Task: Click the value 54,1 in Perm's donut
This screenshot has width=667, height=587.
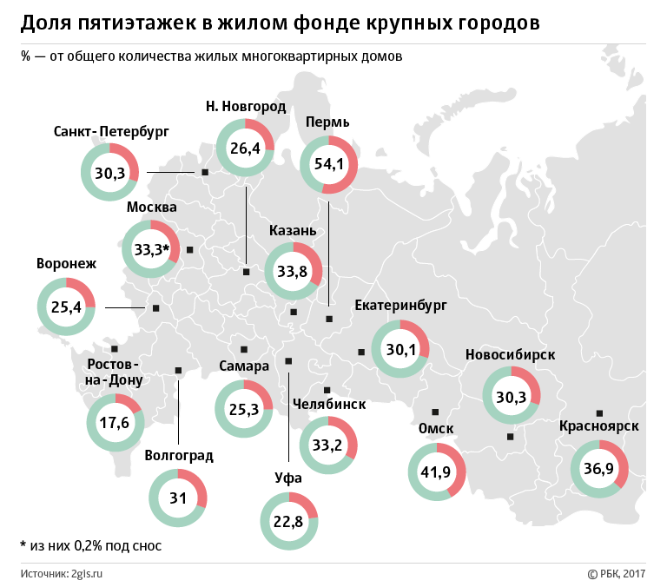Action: [329, 164]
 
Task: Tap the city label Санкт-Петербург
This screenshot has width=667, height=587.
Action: [111, 132]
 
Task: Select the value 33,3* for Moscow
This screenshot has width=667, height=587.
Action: [151, 250]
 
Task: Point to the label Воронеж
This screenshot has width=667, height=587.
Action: [66, 263]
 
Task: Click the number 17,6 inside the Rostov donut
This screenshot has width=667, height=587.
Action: [114, 423]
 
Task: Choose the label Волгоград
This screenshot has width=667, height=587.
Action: [179, 454]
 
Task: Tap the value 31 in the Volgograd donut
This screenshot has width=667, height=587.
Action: [178, 498]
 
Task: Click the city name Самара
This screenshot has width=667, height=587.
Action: [244, 366]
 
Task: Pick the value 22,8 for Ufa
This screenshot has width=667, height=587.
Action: [288, 522]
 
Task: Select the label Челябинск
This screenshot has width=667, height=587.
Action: [329, 404]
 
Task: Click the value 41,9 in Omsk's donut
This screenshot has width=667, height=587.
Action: [436, 472]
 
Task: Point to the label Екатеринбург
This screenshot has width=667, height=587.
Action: [401, 306]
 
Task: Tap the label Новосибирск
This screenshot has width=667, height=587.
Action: [510, 354]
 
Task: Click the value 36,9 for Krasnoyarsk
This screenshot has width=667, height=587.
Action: [599, 469]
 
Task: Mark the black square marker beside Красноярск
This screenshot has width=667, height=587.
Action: [599, 412]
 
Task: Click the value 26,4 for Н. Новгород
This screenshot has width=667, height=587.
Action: [245, 148]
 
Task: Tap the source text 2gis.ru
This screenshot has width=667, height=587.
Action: [87, 573]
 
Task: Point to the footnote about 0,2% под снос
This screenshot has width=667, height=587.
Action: [90, 546]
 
